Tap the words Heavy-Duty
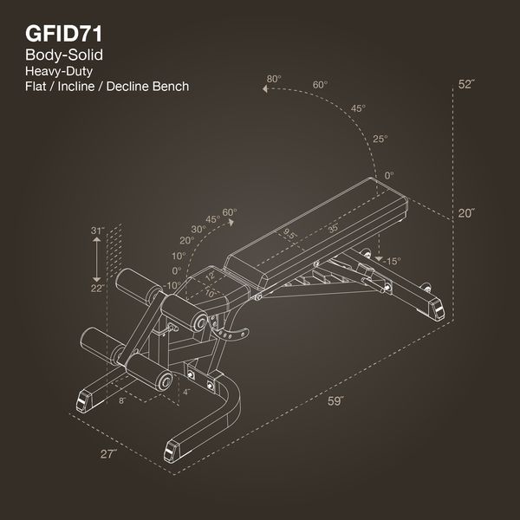(60, 71)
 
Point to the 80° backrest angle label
(274, 80)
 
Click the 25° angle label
(380, 139)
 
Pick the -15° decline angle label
(392, 261)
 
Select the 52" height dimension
(467, 84)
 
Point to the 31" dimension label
(97, 231)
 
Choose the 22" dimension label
(97, 288)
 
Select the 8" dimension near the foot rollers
(122, 400)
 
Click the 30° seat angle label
(198, 229)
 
